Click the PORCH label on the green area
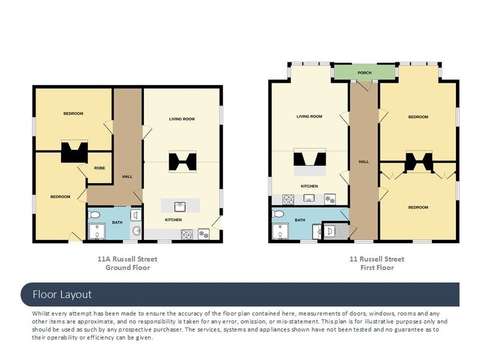[x=364, y=73]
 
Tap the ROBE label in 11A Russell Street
[x=100, y=168]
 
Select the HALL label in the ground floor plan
[x=127, y=176]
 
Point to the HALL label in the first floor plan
[x=364, y=161]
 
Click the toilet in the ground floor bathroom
[x=94, y=215]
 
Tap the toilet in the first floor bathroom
[x=278, y=214]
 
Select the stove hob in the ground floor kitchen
[x=187, y=235]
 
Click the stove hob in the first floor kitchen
[x=288, y=200]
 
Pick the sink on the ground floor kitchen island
[x=180, y=206]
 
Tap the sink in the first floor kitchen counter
[x=309, y=198]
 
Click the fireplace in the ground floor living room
[x=182, y=161]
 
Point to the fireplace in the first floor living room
[x=310, y=160]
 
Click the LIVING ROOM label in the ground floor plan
[x=182, y=119]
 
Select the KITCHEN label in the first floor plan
[x=309, y=186]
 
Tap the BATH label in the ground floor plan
[x=117, y=223]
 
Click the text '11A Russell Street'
[x=127, y=259]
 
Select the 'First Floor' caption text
[x=377, y=268]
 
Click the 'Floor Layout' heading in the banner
[x=62, y=295]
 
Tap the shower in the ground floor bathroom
[x=97, y=232]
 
